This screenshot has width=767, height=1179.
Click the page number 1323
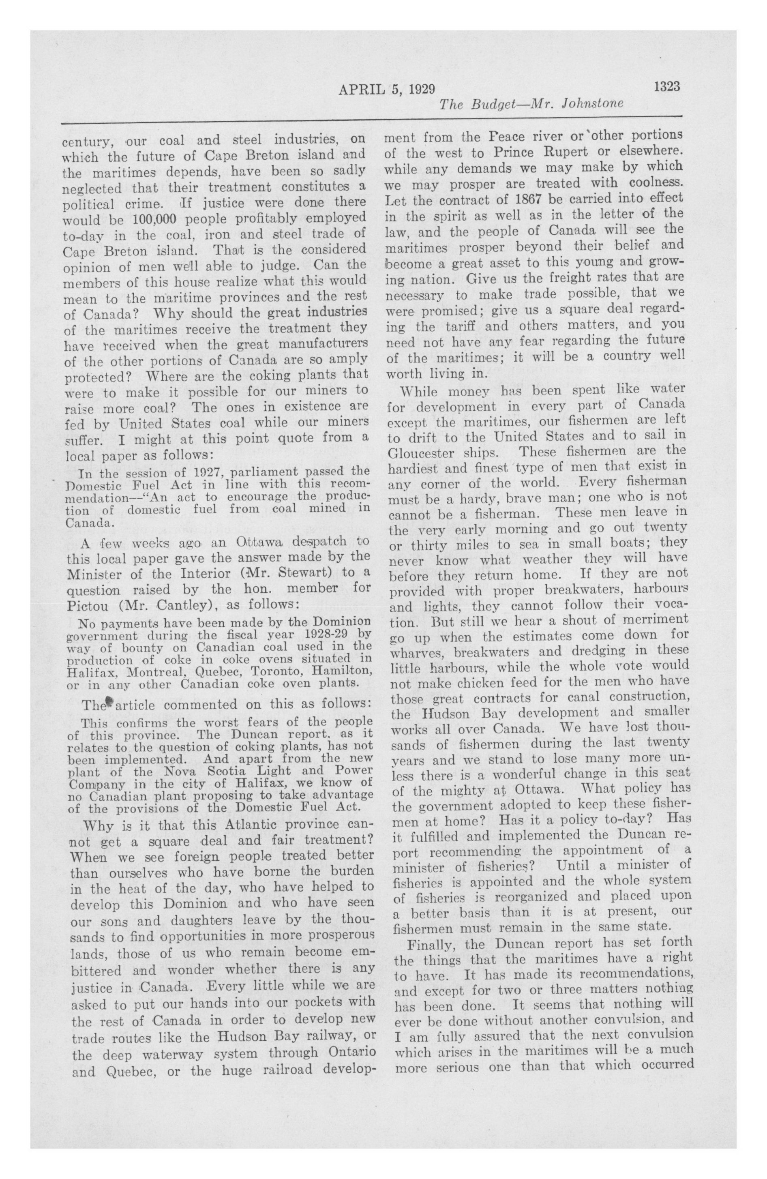point(666,86)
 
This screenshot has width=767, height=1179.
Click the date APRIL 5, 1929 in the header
point(387,89)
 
